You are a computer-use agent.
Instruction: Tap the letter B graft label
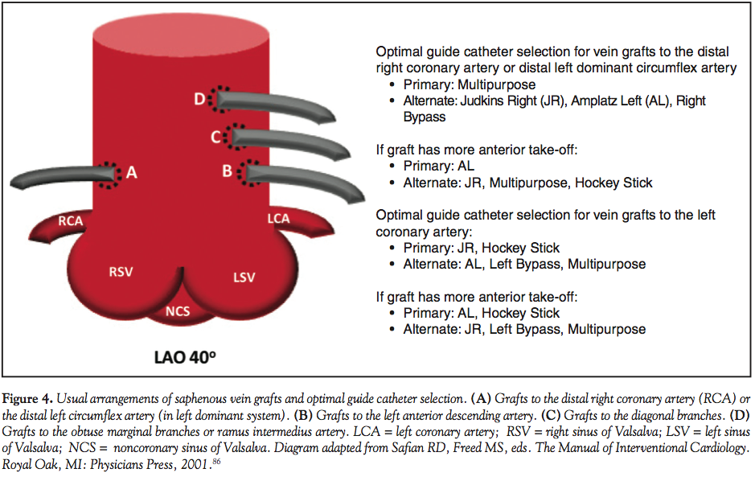pos(227,171)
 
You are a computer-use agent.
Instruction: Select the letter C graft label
pos(215,137)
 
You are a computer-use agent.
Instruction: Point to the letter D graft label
pos(199,99)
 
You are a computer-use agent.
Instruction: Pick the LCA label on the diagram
pos(278,218)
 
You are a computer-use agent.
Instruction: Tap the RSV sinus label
pos(121,272)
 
